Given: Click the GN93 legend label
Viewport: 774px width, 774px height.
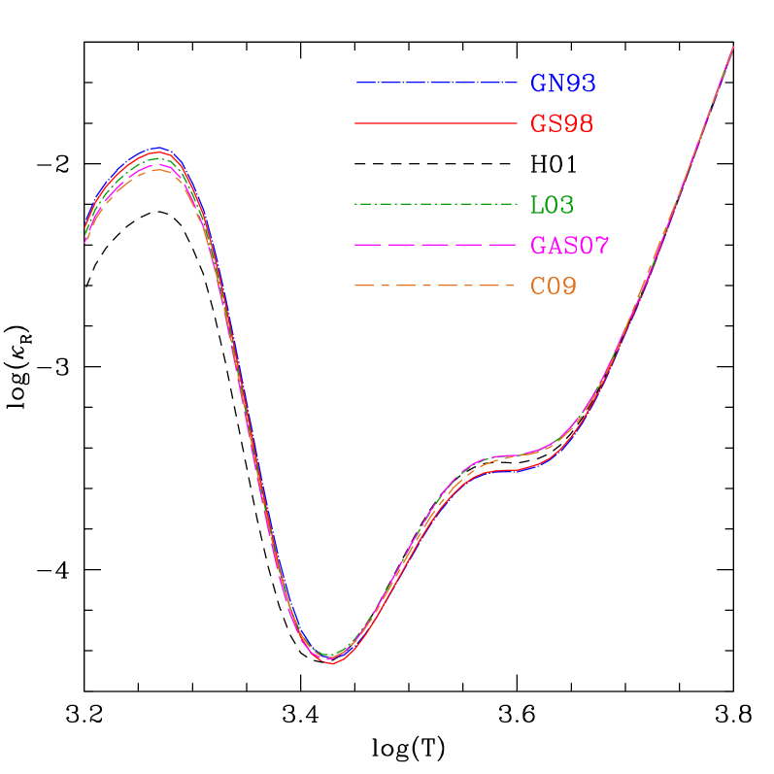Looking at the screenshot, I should [x=562, y=84].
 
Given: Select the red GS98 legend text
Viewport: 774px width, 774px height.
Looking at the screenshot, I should [x=561, y=124].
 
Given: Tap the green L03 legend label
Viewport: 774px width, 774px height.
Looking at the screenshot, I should [x=552, y=205].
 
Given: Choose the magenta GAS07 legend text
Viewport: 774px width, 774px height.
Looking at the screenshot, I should [x=569, y=246].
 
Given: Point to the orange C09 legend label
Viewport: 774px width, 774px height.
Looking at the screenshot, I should [x=553, y=286].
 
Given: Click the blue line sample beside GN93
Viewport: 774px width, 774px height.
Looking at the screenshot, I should [x=436, y=84].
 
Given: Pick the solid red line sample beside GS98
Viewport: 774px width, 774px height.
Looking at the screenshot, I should [x=436, y=124].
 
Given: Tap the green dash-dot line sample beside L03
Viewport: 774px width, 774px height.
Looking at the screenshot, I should [x=436, y=204].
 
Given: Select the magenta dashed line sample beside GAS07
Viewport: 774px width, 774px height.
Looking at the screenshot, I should [x=436, y=246].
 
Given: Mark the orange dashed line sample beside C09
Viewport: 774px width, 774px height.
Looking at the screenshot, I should [x=436, y=286].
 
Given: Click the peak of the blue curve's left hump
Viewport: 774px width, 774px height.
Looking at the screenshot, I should [x=157, y=148].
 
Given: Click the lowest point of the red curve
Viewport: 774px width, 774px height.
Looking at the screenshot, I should [x=332, y=663].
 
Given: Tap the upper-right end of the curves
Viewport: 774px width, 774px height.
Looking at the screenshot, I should [x=732, y=47].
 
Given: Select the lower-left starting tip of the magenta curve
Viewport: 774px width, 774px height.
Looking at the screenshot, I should [x=85, y=242].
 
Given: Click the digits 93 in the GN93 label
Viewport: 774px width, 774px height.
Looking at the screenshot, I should [x=580, y=84].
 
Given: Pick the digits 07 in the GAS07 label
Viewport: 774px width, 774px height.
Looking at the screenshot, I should [x=593, y=246].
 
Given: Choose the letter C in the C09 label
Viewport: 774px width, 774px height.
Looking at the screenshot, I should [x=537, y=286].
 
